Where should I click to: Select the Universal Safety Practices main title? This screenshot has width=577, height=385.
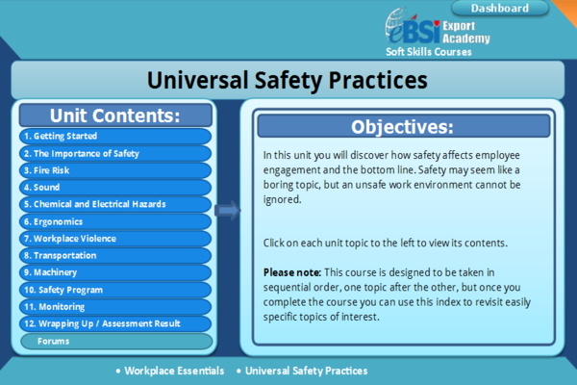coord(288,79)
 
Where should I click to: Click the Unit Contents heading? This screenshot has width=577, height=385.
coord(115,115)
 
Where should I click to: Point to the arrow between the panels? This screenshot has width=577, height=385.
coord(228,210)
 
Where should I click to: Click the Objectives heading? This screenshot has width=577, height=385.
coord(402,126)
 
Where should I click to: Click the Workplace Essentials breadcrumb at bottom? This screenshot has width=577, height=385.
coord(174,371)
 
